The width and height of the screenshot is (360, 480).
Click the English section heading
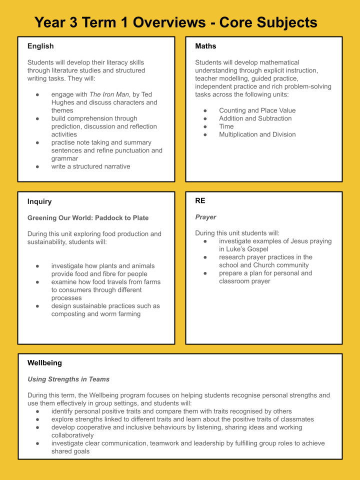(x=40, y=46)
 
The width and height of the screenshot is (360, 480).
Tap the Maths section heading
(x=205, y=46)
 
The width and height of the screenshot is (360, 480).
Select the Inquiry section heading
(x=39, y=201)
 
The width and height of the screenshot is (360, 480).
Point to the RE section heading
(x=200, y=200)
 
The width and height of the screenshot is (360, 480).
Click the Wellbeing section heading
(x=44, y=363)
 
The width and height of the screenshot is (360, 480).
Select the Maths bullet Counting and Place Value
(x=257, y=110)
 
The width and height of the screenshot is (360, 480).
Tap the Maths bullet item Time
(x=226, y=126)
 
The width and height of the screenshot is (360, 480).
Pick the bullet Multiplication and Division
(x=257, y=134)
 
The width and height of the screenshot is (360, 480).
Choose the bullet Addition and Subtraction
(x=255, y=118)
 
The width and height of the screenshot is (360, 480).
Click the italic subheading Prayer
(x=205, y=217)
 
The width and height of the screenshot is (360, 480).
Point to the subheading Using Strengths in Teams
(x=68, y=379)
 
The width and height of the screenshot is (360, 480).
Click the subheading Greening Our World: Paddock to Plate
(x=88, y=217)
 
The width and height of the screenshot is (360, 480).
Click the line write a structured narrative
(x=90, y=166)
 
